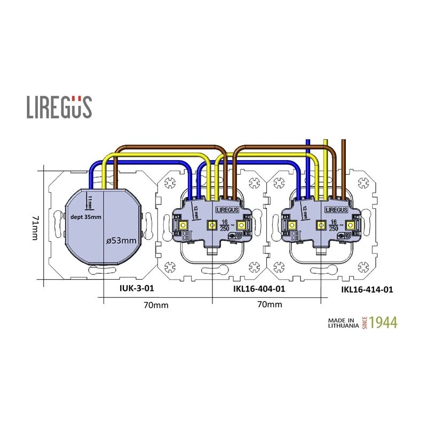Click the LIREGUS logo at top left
(x=59, y=107)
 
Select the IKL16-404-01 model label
(x=259, y=289)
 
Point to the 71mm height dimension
(x=35, y=228)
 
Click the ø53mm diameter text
(x=122, y=241)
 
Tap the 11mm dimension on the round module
(x=90, y=202)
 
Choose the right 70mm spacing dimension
(x=269, y=305)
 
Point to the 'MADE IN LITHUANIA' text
(x=342, y=322)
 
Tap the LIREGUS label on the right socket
(x=336, y=210)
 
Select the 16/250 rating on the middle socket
(x=226, y=224)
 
